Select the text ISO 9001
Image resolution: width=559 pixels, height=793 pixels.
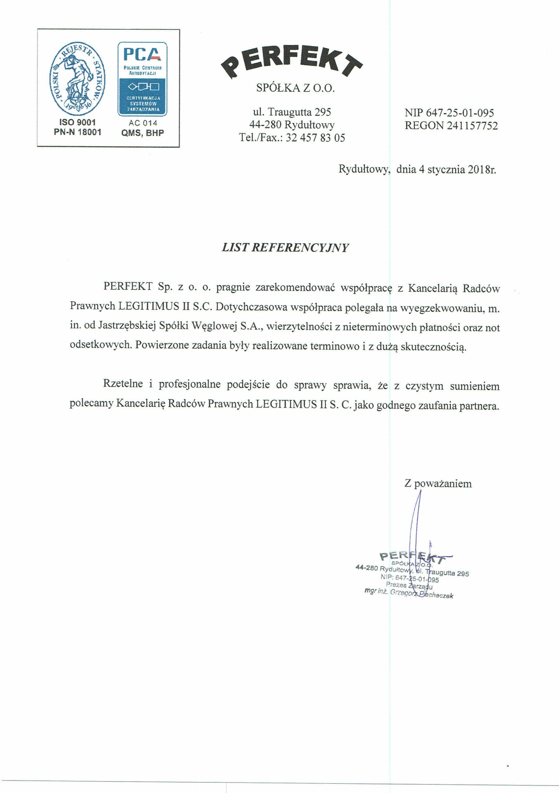tap(77, 122)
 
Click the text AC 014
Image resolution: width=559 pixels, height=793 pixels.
tap(142, 123)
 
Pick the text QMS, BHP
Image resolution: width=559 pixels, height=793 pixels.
tap(142, 133)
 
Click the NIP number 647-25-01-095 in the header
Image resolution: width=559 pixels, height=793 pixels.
tap(460, 113)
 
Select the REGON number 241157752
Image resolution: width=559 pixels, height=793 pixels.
tap(472, 126)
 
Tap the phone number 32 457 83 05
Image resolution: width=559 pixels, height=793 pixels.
tap(315, 138)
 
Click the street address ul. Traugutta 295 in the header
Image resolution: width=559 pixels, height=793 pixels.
tap(292, 112)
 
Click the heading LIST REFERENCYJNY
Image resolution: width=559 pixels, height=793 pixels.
tap(285, 248)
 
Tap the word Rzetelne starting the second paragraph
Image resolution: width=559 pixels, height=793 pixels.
tap(123, 384)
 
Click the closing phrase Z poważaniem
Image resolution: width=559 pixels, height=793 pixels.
tap(438, 484)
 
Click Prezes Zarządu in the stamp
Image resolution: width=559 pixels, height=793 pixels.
tap(409, 585)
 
